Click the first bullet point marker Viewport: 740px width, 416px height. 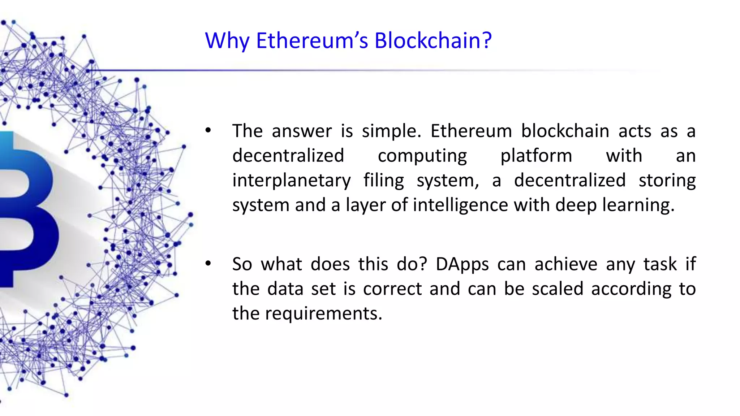coord(208,131)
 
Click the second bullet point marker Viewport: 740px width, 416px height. coord(208,264)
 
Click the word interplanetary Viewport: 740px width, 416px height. coord(291,181)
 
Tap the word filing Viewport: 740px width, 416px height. coord(383,181)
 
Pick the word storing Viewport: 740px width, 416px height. coord(667,181)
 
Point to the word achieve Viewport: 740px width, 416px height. coord(566,264)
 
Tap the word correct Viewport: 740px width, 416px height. coord(392,289)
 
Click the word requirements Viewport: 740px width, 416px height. coord(323,313)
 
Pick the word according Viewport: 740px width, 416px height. coord(631,289)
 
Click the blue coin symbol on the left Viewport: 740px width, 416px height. coord(25,209)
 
